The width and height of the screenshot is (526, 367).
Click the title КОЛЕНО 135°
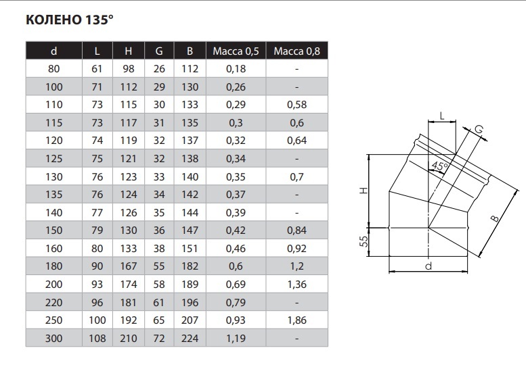point(70,20)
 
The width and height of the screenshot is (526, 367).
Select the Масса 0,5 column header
point(236,51)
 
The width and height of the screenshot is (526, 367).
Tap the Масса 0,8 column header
point(297,51)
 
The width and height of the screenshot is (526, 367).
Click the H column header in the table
point(129,51)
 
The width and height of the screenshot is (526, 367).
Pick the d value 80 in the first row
point(53,69)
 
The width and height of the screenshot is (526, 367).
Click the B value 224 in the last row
point(190,338)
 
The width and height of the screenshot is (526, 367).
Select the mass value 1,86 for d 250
point(297,320)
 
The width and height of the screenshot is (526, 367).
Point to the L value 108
point(97,338)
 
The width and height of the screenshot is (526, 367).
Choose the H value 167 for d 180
point(129,266)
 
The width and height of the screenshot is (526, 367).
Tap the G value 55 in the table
point(159,266)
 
